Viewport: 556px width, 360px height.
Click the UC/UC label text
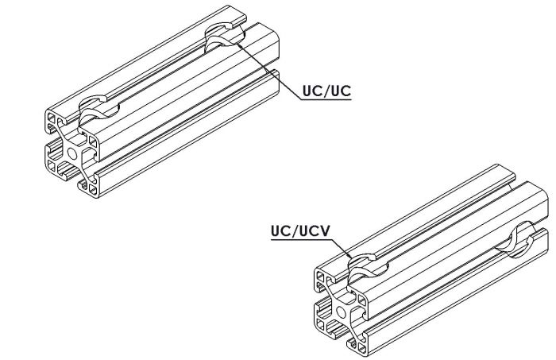click(x=326, y=91)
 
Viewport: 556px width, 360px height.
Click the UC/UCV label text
click(x=300, y=231)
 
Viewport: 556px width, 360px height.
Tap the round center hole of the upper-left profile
click(x=73, y=153)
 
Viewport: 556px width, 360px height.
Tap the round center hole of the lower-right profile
click(x=342, y=312)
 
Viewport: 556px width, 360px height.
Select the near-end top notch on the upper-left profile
click(x=98, y=109)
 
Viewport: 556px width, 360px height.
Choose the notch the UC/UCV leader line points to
click(x=368, y=267)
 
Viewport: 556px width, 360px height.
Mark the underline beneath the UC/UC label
click(x=326, y=99)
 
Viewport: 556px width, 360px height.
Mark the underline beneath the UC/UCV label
click(x=302, y=240)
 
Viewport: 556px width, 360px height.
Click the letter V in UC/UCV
click(x=324, y=231)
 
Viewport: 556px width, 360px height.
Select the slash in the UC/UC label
click(x=326, y=91)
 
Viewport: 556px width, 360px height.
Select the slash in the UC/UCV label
click(x=295, y=231)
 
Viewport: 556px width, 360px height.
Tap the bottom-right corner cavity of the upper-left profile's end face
click(x=93, y=190)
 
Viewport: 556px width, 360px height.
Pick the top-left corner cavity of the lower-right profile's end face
click(x=321, y=276)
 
